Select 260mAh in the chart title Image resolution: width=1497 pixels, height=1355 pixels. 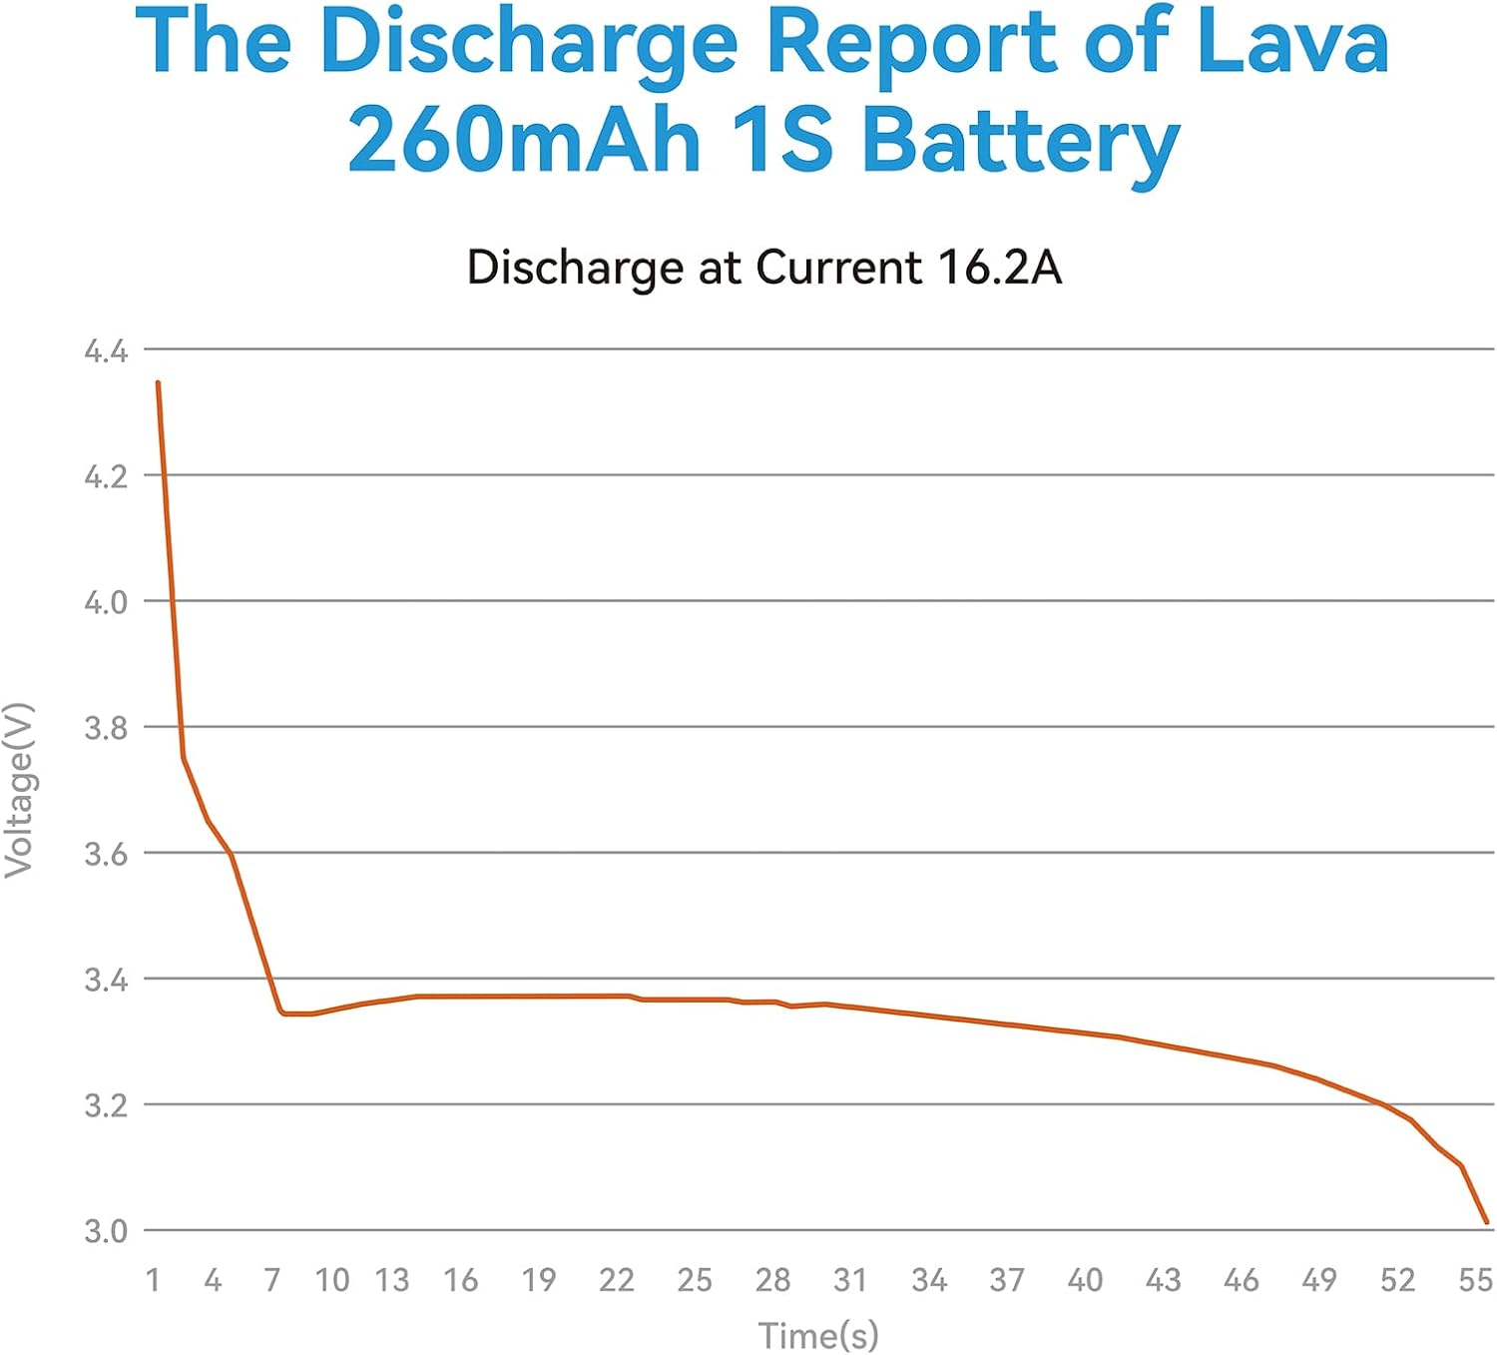coord(524,140)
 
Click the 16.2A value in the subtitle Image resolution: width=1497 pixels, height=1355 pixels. coord(999,268)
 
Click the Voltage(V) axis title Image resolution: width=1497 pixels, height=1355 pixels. coord(20,790)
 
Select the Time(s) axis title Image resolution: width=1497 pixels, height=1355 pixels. coord(818,1335)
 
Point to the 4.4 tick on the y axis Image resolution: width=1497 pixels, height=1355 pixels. coord(106,351)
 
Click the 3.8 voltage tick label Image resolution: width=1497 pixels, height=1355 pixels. coord(106,728)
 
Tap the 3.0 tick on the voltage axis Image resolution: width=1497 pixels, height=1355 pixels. coord(106,1231)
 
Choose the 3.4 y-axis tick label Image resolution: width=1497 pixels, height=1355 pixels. coord(106,980)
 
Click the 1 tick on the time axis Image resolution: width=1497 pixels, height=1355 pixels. coord(153,1280)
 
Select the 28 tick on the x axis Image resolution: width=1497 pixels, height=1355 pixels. coord(772,1280)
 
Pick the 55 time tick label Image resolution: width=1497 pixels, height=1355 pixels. coord(1475,1280)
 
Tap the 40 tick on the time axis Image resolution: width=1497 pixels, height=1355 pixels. coord(1085,1280)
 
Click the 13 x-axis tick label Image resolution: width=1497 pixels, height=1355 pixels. coord(392,1280)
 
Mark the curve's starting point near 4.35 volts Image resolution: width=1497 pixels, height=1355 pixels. coord(158,382)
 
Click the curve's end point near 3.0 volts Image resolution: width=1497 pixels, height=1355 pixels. coord(1487,1221)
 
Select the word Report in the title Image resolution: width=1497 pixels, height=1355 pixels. coord(910,42)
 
